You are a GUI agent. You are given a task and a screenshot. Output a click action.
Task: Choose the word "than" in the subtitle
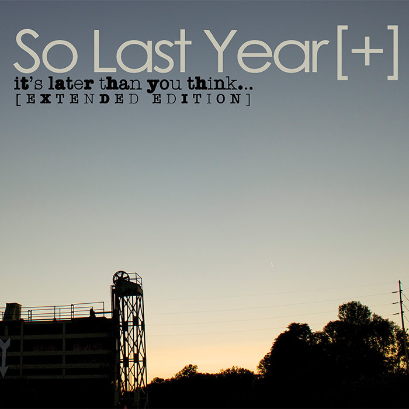(x=120, y=84)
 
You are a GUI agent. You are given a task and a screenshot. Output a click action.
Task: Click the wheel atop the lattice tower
(x=122, y=278)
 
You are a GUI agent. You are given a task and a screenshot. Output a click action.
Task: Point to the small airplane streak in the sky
(x=272, y=265)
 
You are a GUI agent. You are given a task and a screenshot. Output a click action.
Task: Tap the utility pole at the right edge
(x=402, y=316)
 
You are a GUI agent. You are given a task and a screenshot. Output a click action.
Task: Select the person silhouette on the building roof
(x=92, y=313)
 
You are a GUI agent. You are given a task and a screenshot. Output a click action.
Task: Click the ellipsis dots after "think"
(x=246, y=88)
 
